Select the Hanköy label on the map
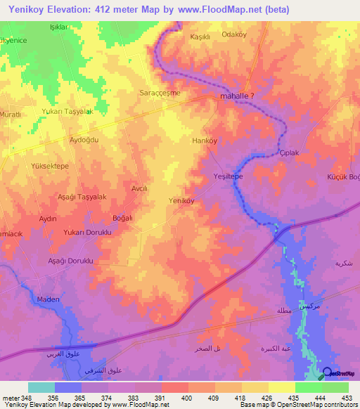(204, 141)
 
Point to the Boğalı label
(122, 218)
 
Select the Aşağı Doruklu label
(70, 260)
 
